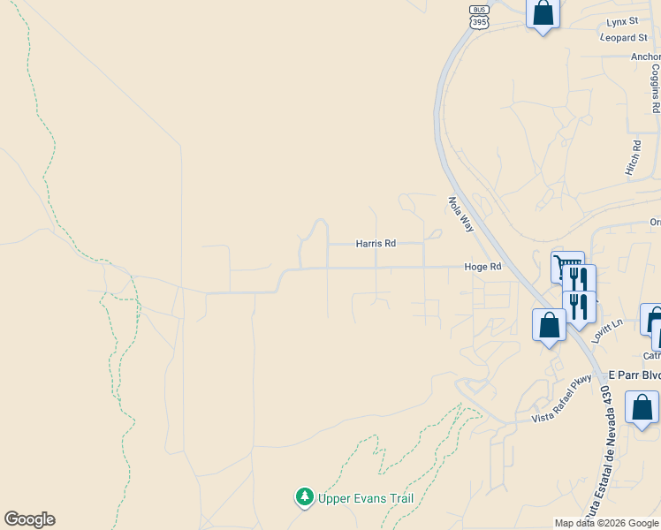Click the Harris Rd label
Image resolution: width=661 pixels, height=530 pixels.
[x=376, y=243]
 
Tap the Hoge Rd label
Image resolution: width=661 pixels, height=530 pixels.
[x=483, y=267]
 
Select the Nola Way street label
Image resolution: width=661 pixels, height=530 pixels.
[x=461, y=214]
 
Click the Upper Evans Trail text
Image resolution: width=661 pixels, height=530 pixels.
[x=367, y=498]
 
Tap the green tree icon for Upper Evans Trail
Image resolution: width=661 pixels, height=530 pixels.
[x=305, y=497]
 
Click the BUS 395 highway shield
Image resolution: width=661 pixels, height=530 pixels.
[x=479, y=16]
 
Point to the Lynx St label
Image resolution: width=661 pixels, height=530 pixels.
[x=622, y=21]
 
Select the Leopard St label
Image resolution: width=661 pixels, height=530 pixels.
[x=624, y=38]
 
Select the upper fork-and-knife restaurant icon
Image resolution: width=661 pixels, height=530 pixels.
[x=579, y=279]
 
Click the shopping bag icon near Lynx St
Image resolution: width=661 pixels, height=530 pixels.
[x=543, y=13]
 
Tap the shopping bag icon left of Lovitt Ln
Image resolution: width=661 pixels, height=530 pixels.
[x=550, y=324]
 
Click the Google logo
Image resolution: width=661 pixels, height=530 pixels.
[x=29, y=519]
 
